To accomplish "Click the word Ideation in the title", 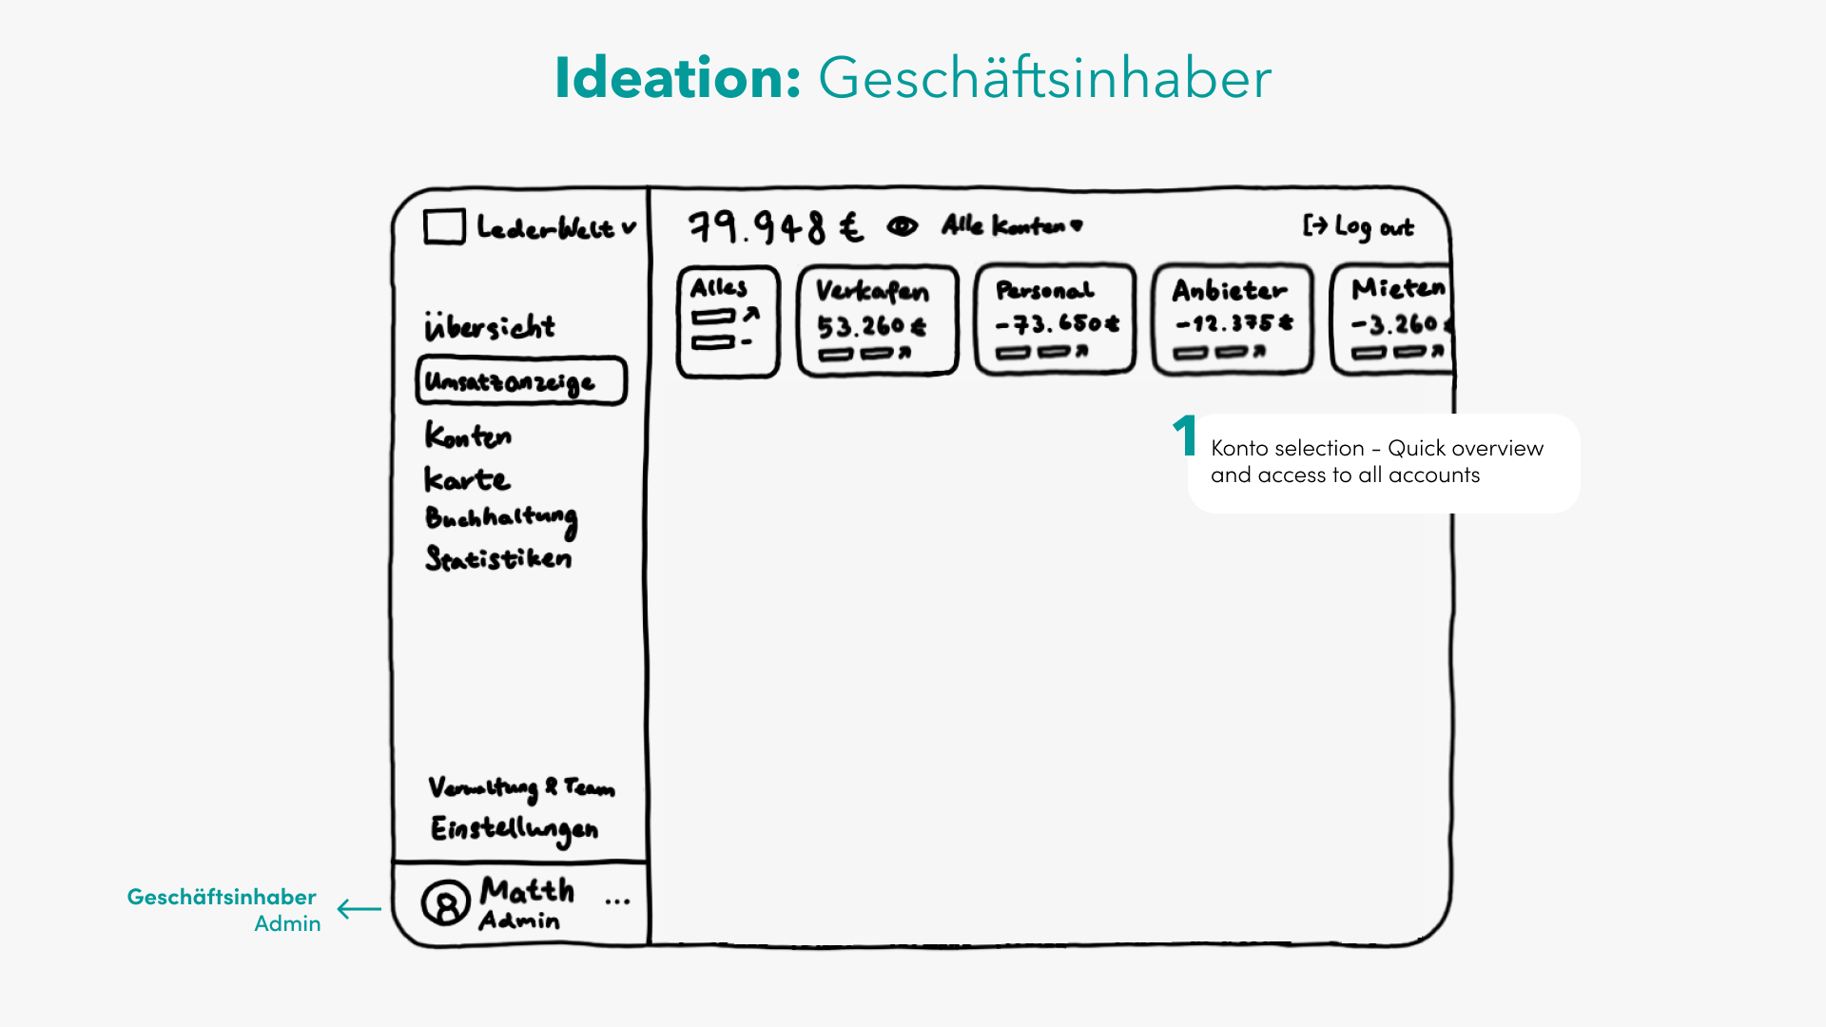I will point(677,78).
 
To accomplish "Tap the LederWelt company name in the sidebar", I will point(546,228).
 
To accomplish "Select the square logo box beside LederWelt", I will point(444,227).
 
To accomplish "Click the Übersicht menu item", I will point(490,326).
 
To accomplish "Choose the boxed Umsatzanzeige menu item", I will point(521,381).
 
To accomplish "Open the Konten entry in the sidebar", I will point(468,436).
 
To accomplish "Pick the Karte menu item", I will point(467,479).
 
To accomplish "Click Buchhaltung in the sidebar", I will point(501,519).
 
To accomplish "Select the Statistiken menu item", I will point(498,558).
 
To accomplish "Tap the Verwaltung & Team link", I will point(521,787).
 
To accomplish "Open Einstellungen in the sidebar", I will point(515,829).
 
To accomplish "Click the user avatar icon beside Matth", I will point(445,902).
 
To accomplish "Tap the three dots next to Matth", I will point(617,901).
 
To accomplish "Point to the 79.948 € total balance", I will point(775,227).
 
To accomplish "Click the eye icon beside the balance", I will point(902,226).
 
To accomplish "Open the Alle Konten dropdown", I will point(1012,225).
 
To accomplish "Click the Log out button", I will point(1358,226).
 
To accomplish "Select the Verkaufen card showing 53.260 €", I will point(877,320).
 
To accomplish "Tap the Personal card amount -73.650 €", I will point(1057,324).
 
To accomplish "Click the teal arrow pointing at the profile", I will point(359,909).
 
